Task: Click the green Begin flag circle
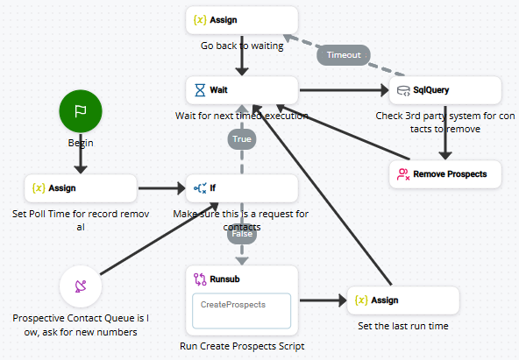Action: [x=81, y=111]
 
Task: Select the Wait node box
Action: [x=242, y=89]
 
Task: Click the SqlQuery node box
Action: [x=444, y=89]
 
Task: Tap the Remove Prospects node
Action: [x=444, y=173]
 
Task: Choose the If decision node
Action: [x=242, y=187]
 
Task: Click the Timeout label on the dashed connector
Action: [x=343, y=53]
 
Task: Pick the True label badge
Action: [x=242, y=138]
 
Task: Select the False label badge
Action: [x=242, y=234]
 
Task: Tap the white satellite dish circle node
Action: [x=81, y=286]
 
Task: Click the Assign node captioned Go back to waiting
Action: [x=242, y=20]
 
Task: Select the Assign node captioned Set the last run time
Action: [x=403, y=300]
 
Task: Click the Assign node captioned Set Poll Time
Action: [x=81, y=187]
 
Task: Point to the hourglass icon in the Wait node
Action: [x=200, y=89]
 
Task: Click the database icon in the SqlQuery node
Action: [x=403, y=89]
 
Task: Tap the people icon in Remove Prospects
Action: [x=403, y=173]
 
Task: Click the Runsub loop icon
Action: [x=200, y=279]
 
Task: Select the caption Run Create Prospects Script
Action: [x=242, y=346]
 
